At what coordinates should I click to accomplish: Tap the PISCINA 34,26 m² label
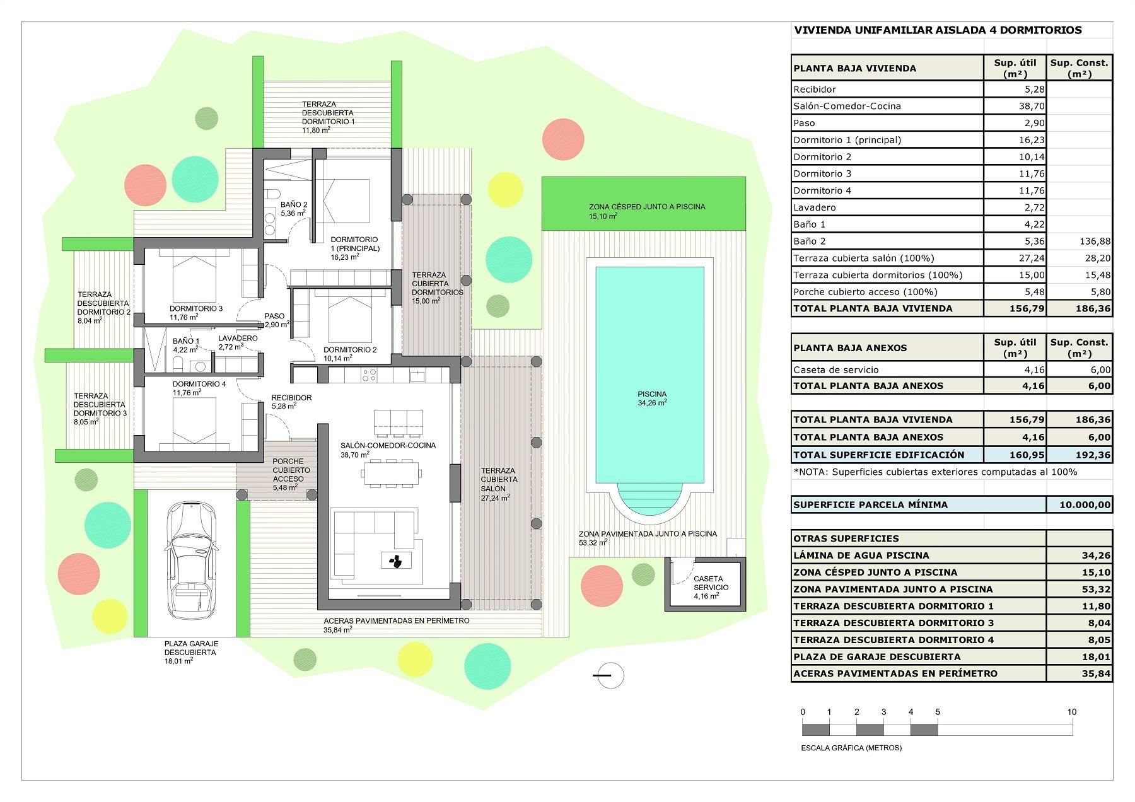coord(651,398)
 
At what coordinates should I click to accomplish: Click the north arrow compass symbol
coord(608,675)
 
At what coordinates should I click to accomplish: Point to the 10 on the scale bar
coord(1071,712)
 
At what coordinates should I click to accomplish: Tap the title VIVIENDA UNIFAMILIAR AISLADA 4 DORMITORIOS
coord(937,30)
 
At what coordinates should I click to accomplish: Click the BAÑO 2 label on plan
coord(293,209)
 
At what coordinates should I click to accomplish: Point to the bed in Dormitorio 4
coord(193,422)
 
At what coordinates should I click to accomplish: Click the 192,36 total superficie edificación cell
coord(1079,455)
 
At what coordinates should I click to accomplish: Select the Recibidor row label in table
coord(814,90)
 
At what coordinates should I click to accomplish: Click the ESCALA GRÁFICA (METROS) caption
coord(851,748)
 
